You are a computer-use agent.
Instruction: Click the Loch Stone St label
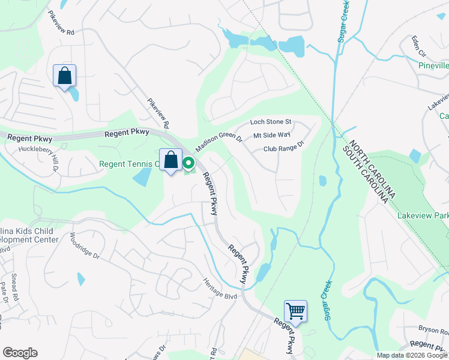pyautogui.click(x=270, y=122)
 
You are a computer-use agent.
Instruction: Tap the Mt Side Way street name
pyautogui.click(x=272, y=136)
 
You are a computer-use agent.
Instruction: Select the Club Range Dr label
pyautogui.click(x=284, y=148)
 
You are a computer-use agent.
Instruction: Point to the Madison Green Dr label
pyautogui.click(x=218, y=142)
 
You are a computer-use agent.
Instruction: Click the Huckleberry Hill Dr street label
pyautogui.click(x=38, y=155)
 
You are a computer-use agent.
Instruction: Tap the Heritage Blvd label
pyautogui.click(x=220, y=289)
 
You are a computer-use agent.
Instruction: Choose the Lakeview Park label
pyautogui.click(x=423, y=215)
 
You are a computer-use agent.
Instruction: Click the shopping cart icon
pyautogui.click(x=295, y=311)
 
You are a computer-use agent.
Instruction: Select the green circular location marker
pyautogui.click(x=188, y=163)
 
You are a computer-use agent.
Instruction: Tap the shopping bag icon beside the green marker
pyautogui.click(x=171, y=160)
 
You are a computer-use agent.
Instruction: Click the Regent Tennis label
pyautogui.click(x=128, y=163)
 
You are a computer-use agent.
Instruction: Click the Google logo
pyautogui.click(x=20, y=353)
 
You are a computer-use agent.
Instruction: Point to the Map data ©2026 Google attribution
pyautogui.click(x=412, y=355)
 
